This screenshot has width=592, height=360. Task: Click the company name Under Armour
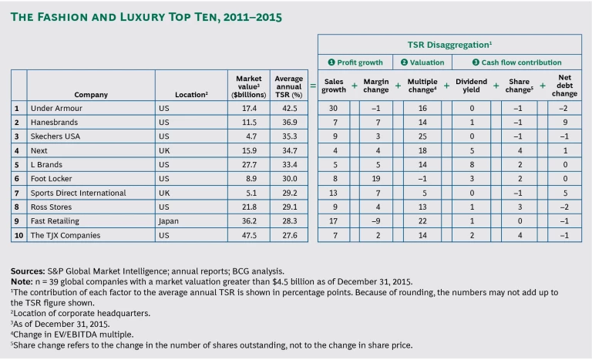click(57, 109)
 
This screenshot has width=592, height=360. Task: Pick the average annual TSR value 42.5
click(288, 109)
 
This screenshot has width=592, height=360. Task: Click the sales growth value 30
click(334, 109)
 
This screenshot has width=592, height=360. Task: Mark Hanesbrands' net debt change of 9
click(565, 123)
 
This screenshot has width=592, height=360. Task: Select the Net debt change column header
click(565, 85)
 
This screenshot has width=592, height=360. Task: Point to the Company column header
click(91, 95)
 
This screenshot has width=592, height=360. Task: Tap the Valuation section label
click(419, 62)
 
